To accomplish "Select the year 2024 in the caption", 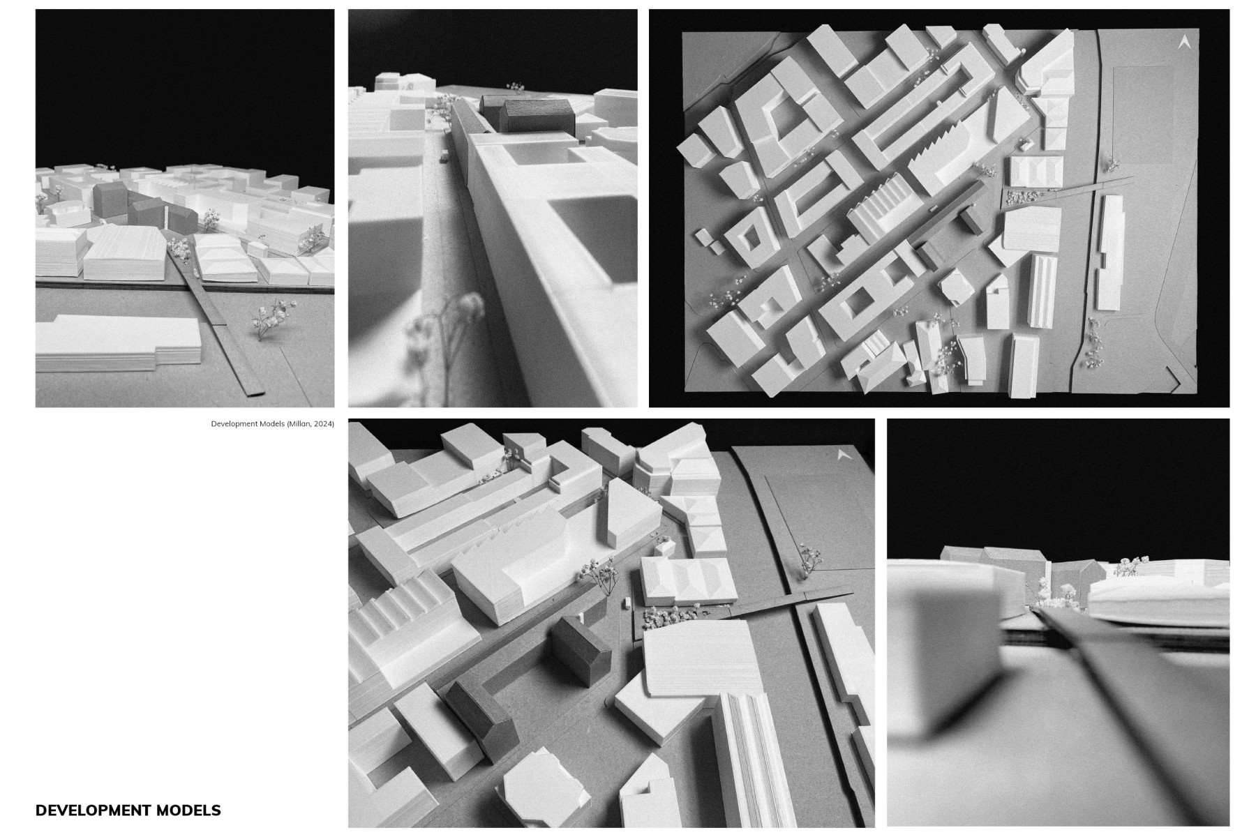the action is pos(323,423).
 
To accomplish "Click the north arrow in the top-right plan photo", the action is pos(1183,42).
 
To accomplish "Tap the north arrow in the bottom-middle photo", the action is pos(842,455).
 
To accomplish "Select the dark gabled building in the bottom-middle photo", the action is pos(577,652).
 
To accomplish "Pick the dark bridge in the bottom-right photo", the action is pos(1116,670).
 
